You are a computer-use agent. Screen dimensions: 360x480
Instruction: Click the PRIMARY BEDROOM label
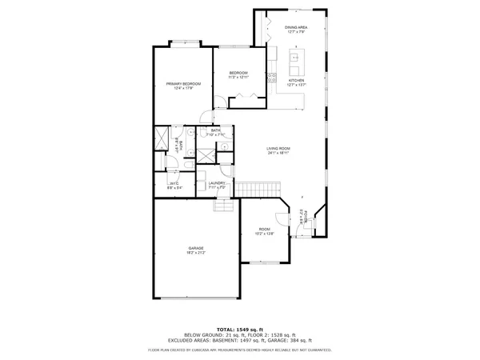click(x=183, y=84)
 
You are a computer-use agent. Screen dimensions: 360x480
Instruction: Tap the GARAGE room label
click(x=196, y=248)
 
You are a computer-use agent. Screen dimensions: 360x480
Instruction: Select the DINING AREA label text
click(x=296, y=28)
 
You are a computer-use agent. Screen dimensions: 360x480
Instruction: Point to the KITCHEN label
click(x=296, y=80)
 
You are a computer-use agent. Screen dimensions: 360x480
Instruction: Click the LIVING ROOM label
click(x=278, y=149)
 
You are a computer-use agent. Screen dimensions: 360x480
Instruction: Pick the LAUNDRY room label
click(x=216, y=183)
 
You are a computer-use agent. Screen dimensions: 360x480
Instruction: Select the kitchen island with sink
click(x=294, y=58)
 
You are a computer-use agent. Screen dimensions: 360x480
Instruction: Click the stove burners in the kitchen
click(x=271, y=78)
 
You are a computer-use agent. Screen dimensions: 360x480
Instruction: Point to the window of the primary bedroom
click(x=183, y=46)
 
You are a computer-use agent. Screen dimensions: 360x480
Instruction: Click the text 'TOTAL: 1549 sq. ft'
click(x=239, y=329)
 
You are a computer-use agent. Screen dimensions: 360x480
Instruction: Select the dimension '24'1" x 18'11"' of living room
click(x=278, y=154)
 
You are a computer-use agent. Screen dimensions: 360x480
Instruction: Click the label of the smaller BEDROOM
click(x=238, y=73)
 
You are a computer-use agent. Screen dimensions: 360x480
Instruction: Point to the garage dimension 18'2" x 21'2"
click(x=196, y=253)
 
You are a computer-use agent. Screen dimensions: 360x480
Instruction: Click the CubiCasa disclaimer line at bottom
click(x=239, y=350)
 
